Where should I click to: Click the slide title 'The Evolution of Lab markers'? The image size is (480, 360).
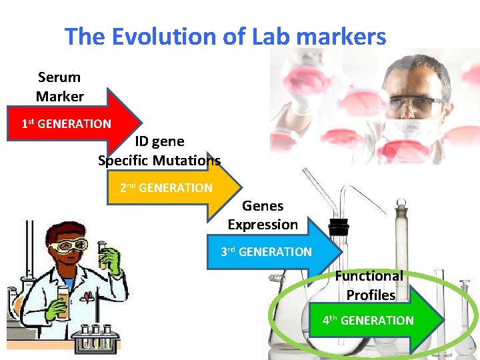point(225,37)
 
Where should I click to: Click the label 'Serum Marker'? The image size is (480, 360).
point(59,87)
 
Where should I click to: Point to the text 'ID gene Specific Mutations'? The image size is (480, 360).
point(159,151)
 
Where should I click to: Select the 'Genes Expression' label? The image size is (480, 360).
point(263,215)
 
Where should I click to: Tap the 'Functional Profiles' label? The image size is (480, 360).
point(370,285)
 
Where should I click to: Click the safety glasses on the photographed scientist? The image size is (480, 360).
point(417,105)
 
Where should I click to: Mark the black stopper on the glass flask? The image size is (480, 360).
point(339,227)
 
